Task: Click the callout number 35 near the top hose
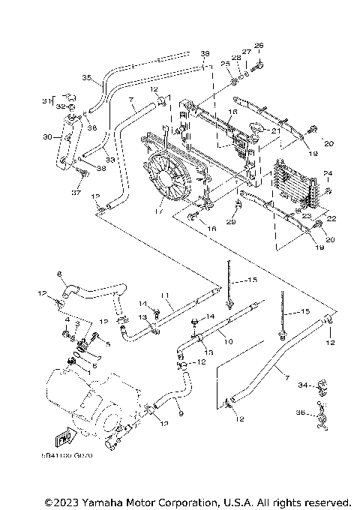[85, 78]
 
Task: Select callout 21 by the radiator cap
[275, 130]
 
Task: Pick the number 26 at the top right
[259, 45]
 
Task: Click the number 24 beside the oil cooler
[326, 174]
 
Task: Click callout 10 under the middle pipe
[229, 341]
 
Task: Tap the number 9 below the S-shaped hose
[180, 412]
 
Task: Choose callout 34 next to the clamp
[301, 386]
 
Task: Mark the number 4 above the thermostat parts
[66, 320]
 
